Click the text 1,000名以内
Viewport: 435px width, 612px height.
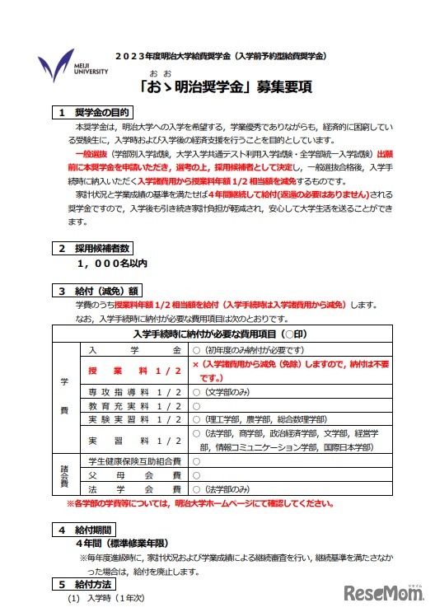click(110, 264)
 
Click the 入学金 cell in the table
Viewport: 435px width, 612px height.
click(134, 349)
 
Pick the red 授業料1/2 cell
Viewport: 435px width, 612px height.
click(134, 371)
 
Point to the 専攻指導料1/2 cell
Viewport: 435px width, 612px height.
click(134, 392)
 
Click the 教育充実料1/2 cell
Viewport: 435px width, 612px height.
click(134, 406)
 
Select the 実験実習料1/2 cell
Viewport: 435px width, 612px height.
click(134, 420)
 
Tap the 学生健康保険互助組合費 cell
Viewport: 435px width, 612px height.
click(134, 461)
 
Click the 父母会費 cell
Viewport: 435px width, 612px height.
click(134, 475)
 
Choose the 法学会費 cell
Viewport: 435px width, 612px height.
click(134, 489)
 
